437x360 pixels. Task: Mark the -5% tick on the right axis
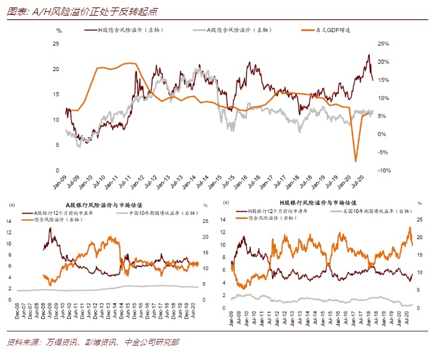pos(384,153)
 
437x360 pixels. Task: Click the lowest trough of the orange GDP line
pos(356,161)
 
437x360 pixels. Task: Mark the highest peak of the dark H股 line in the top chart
pos(368,55)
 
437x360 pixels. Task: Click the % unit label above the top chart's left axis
pos(59,29)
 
